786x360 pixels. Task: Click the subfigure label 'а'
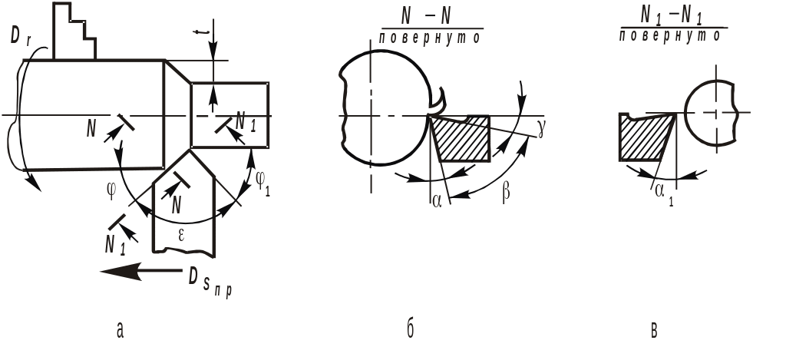[x=119, y=331]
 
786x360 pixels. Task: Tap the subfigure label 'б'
[x=411, y=330]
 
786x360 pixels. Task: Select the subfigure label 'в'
[x=654, y=331]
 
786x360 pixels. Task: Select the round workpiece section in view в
[x=712, y=112]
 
